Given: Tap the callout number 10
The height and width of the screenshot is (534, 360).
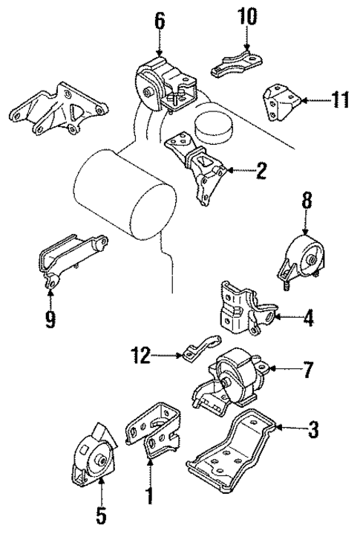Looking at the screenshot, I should [x=246, y=16].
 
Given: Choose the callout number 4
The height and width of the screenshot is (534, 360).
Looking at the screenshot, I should [x=308, y=319].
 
